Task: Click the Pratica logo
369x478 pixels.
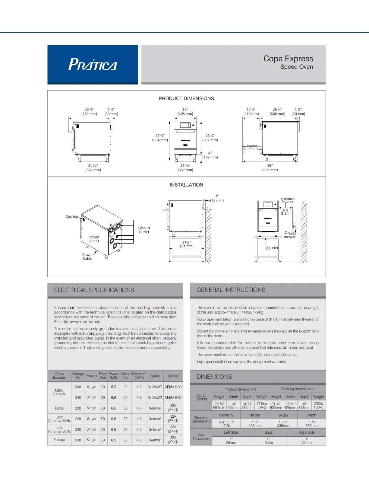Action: (x=93, y=64)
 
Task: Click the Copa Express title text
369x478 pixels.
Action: (x=288, y=59)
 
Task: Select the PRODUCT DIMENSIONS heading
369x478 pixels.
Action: (x=186, y=98)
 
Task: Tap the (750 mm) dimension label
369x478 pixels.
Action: (x=89, y=114)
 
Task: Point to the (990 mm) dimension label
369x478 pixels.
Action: (x=270, y=170)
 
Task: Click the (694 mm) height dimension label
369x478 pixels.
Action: (x=160, y=140)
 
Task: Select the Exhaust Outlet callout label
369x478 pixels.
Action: (x=144, y=230)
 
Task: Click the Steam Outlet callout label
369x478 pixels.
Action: (x=93, y=239)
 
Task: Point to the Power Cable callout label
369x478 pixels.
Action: (x=87, y=257)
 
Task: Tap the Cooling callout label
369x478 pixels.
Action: (x=72, y=216)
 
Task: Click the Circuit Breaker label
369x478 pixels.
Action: (x=289, y=235)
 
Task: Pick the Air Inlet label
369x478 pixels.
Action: (x=272, y=248)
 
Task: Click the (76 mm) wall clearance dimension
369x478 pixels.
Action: (x=217, y=200)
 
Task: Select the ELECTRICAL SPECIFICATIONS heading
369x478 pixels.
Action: (x=94, y=290)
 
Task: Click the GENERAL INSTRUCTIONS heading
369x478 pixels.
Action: (x=231, y=290)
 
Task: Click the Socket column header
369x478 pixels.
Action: (x=173, y=376)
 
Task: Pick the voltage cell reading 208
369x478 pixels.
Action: (x=78, y=387)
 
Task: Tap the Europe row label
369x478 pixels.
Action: (x=59, y=440)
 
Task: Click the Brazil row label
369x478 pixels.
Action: (x=59, y=408)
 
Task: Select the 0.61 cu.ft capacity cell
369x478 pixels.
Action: (x=226, y=422)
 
